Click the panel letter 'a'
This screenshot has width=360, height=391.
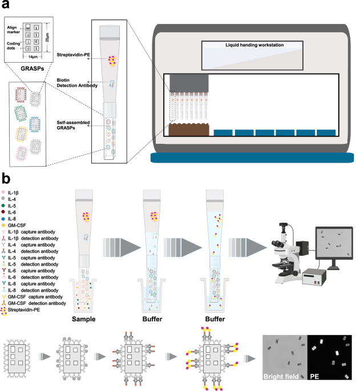(x=6, y=6)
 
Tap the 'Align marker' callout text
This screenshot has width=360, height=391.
(x=14, y=30)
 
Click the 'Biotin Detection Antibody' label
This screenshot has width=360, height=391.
(x=72, y=83)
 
